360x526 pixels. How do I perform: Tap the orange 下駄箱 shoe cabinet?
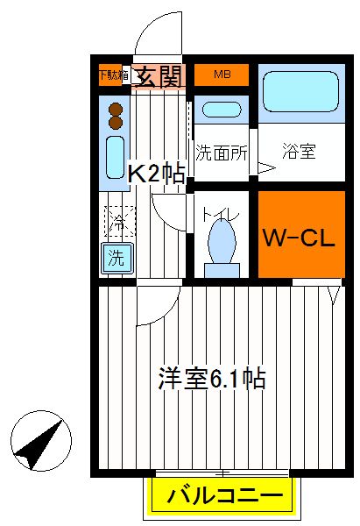(x=110, y=75)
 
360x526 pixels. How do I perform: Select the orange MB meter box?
(x=222, y=75)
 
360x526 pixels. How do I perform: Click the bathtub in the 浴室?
(x=300, y=91)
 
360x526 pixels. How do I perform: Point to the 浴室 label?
(x=299, y=152)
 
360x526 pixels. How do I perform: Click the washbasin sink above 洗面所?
(x=222, y=110)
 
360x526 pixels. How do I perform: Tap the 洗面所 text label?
(x=222, y=153)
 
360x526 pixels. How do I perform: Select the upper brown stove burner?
(x=116, y=110)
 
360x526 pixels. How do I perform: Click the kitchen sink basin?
(x=115, y=157)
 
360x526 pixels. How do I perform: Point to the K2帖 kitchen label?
(x=157, y=173)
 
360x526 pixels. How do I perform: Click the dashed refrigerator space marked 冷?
(x=119, y=221)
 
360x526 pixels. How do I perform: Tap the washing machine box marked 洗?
(x=116, y=258)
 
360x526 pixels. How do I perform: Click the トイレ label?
(x=221, y=215)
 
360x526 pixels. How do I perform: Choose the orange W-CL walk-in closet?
(x=301, y=234)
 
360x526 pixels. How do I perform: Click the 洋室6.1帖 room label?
(x=212, y=379)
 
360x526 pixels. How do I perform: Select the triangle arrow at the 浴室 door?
(x=266, y=167)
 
